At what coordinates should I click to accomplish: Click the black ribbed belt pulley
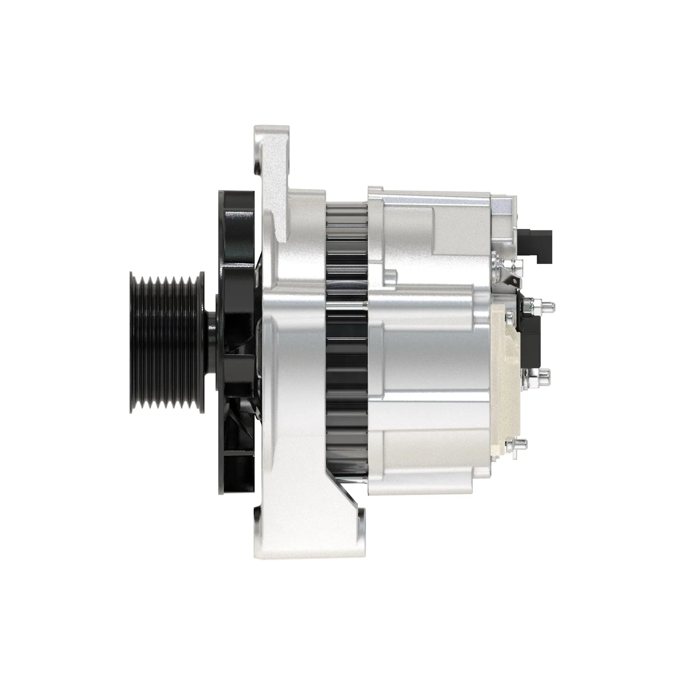167,342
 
